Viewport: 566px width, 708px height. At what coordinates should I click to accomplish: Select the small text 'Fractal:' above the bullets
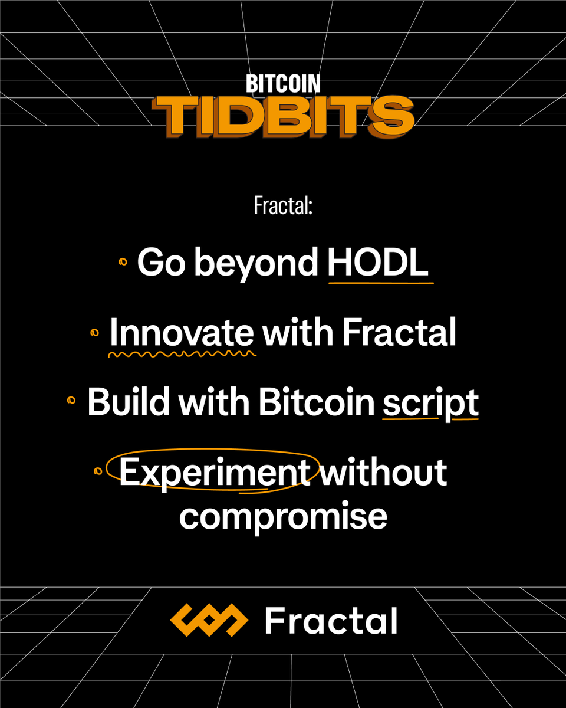click(282, 206)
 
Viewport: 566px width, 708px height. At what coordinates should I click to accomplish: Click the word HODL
click(378, 263)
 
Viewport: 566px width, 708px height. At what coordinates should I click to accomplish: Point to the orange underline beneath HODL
click(380, 283)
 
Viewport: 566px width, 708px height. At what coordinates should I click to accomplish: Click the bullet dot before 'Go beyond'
click(123, 263)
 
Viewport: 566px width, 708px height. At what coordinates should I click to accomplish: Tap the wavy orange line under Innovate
click(182, 355)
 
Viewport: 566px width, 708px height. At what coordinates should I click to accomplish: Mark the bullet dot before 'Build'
click(72, 401)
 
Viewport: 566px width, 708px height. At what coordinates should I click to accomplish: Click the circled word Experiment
click(215, 473)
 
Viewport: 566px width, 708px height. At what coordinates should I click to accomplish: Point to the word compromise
click(283, 516)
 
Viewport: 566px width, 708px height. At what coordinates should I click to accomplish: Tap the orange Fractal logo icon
click(209, 620)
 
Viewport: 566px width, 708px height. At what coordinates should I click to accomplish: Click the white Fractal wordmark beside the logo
click(331, 621)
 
